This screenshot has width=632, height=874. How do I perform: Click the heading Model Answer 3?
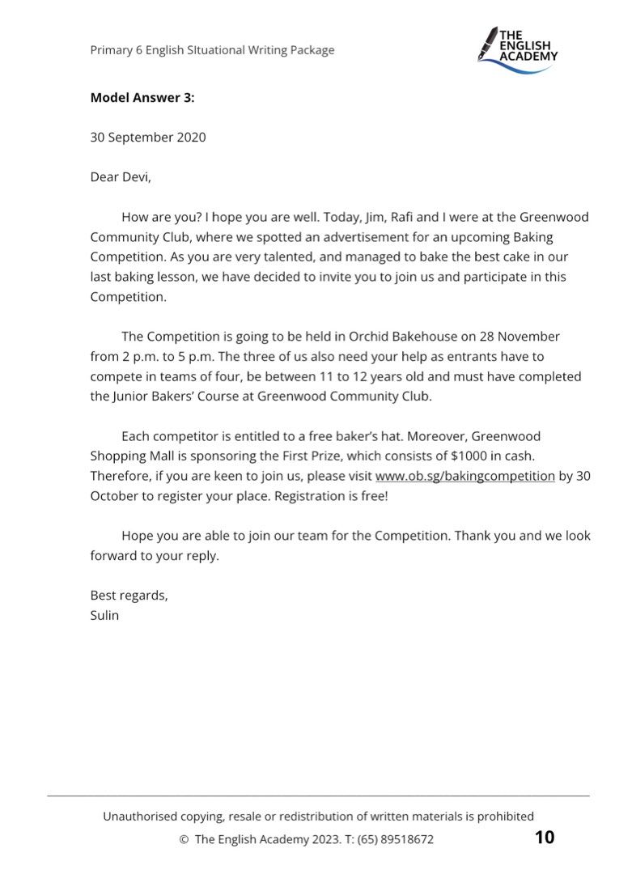coord(142,98)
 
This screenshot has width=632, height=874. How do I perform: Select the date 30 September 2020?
coord(147,137)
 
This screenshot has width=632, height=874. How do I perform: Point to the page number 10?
coord(545,838)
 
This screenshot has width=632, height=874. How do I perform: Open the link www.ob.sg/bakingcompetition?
coord(464,476)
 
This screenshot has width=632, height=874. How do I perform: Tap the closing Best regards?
coord(129,595)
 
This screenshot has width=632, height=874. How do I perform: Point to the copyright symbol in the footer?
coord(183,839)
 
